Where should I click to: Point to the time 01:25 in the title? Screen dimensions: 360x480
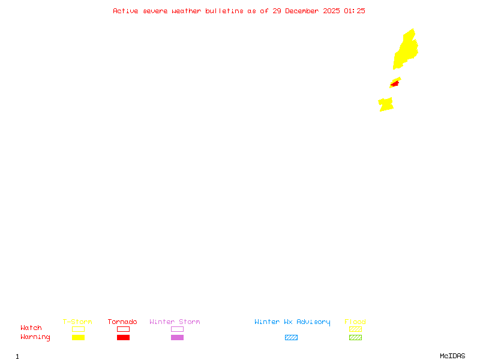click(355, 11)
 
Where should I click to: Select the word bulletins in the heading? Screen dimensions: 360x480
click(224, 11)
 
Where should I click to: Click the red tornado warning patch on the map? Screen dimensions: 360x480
click(394, 84)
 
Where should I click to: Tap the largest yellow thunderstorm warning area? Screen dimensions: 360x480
click(406, 51)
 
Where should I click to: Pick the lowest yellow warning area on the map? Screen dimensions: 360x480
click(386, 105)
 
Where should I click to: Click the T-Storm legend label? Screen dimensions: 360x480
click(77, 322)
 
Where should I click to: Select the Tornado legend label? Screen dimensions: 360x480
click(122, 322)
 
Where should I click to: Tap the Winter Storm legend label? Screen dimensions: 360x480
click(175, 322)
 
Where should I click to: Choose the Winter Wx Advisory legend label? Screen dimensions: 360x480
click(292, 322)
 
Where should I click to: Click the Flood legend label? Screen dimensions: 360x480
click(355, 322)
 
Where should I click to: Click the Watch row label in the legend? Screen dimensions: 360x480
click(31, 328)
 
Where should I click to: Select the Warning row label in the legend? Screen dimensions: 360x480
click(35, 337)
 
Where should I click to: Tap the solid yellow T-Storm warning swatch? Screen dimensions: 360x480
click(78, 337)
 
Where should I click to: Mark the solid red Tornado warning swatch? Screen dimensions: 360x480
click(123, 337)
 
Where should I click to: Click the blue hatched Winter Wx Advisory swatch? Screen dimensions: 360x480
click(291, 337)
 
